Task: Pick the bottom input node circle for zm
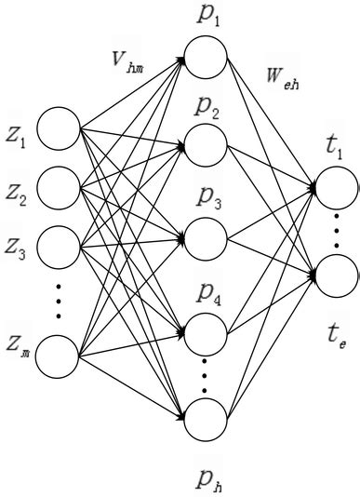[x=60, y=357]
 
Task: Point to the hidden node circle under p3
[x=206, y=234]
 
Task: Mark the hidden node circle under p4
[x=206, y=331]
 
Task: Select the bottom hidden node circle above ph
[x=206, y=420]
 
